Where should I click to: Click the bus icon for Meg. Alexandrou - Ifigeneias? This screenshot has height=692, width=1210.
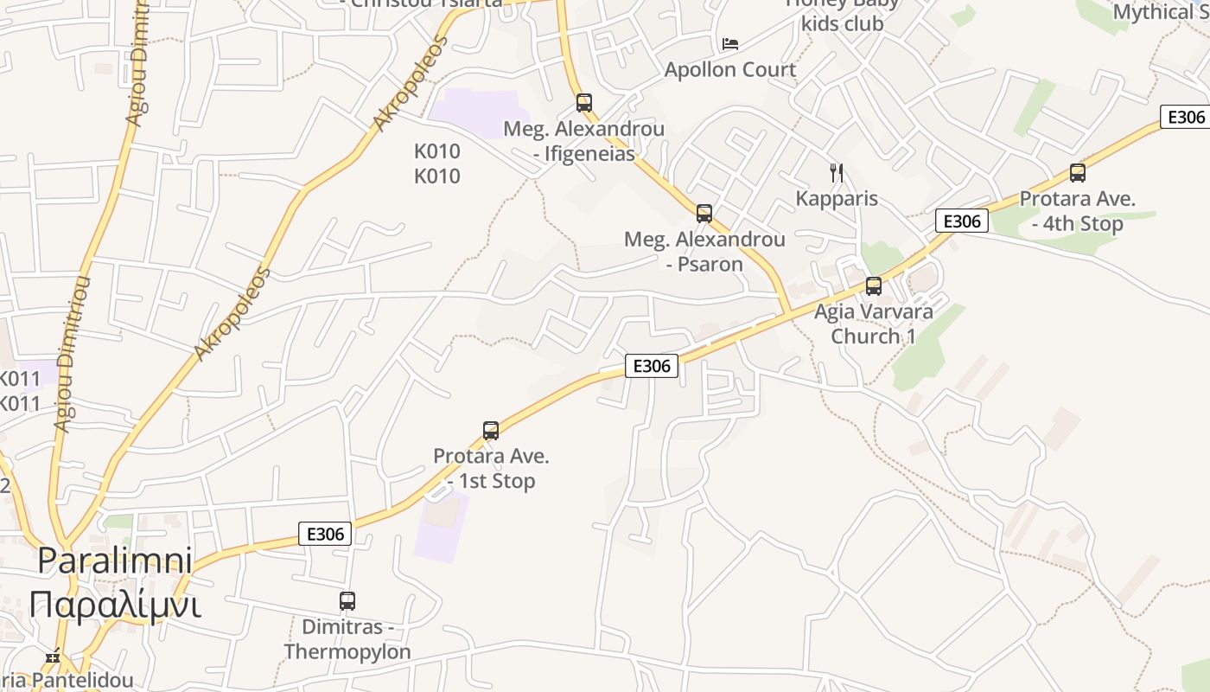(x=584, y=103)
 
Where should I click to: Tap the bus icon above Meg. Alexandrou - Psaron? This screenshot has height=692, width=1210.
(x=704, y=213)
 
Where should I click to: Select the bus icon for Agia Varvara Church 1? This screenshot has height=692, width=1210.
(x=874, y=285)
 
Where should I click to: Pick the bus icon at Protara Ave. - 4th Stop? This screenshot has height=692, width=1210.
(x=1077, y=172)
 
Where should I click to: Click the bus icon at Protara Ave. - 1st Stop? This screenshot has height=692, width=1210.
(x=491, y=430)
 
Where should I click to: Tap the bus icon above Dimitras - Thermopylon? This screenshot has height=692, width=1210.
(x=347, y=600)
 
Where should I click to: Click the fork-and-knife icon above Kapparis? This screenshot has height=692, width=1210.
(x=836, y=172)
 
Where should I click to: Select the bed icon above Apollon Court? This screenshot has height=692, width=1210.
(x=730, y=44)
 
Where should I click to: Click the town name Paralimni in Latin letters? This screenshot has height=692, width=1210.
(x=115, y=561)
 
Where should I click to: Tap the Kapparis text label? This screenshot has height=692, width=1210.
(x=837, y=198)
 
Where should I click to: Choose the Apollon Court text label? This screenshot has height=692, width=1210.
(x=730, y=69)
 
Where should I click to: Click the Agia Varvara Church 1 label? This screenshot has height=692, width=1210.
(x=874, y=324)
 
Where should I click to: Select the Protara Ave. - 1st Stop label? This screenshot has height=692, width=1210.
(x=491, y=468)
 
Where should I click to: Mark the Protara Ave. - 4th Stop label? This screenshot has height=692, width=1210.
(x=1077, y=210)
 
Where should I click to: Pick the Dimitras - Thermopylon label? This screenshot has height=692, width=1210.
(x=347, y=638)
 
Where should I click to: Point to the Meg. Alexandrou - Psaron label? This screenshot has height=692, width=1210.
(x=704, y=251)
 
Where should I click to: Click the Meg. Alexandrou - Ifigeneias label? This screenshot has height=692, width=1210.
(x=584, y=141)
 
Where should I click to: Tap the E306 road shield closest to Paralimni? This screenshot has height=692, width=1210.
(x=326, y=534)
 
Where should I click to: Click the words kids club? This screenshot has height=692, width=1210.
(x=842, y=23)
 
